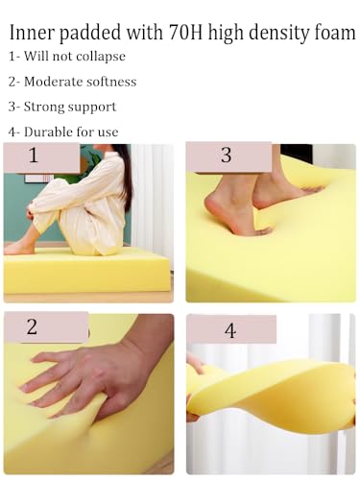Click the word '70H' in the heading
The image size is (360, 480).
[x=185, y=33]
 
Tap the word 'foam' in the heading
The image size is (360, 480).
[x=335, y=33]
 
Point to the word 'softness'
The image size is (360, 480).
[x=111, y=82]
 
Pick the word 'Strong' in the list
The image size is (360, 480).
[x=44, y=108]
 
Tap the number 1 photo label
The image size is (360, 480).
[x=34, y=156]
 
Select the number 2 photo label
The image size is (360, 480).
[x=32, y=326]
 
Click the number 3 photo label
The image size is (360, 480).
[x=226, y=156]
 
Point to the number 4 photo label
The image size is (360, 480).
[x=230, y=330]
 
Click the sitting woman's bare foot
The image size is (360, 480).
[x=19, y=247]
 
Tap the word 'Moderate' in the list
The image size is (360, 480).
[x=54, y=82]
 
